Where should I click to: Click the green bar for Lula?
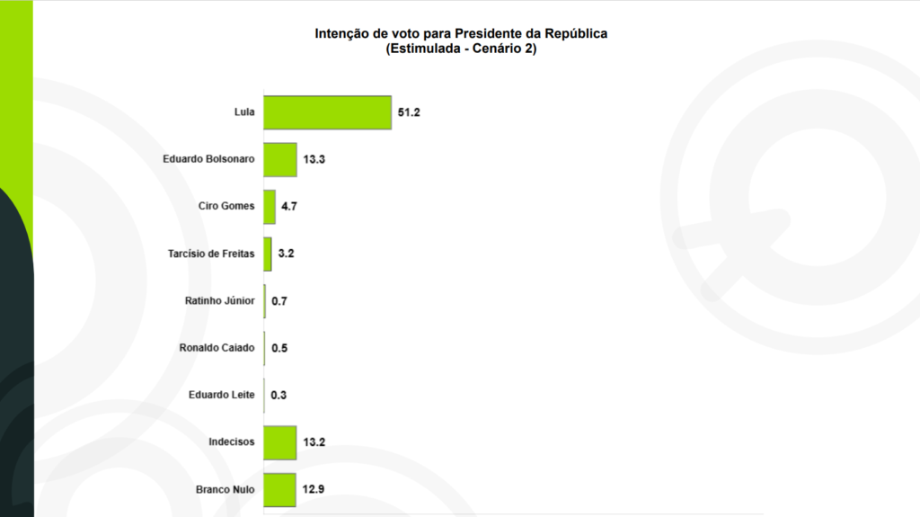click(327, 112)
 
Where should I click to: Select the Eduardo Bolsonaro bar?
click(279, 159)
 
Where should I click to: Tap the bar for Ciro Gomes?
click(270, 206)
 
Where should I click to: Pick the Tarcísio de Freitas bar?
click(268, 254)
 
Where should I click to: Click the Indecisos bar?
click(279, 441)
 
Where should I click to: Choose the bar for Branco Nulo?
click(279, 489)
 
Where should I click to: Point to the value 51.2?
click(409, 112)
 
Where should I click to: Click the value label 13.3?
click(314, 159)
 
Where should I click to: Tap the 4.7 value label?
click(289, 206)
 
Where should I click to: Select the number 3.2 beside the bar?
click(286, 254)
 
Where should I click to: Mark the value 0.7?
click(279, 300)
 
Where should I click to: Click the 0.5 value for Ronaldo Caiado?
click(279, 348)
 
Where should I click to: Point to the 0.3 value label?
click(278, 395)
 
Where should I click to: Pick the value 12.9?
click(313, 489)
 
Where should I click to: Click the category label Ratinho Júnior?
click(219, 300)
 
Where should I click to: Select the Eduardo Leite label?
click(222, 395)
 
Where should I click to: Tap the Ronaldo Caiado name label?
click(217, 348)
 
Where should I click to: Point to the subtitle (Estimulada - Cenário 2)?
click(461, 49)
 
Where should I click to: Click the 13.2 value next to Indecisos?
click(314, 441)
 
